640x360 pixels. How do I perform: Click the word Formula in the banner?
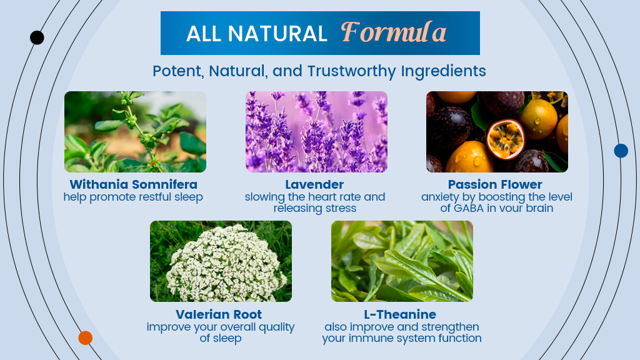click(x=394, y=32)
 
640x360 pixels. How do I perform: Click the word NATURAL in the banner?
click(x=277, y=34)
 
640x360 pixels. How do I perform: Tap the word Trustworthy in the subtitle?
click(x=351, y=71)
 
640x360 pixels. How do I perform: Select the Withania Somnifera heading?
click(x=134, y=184)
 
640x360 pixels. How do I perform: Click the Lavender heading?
click(x=314, y=184)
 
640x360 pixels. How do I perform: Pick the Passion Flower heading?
click(x=495, y=184)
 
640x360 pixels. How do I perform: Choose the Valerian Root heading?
click(x=219, y=314)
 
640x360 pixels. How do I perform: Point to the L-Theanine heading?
click(x=400, y=314)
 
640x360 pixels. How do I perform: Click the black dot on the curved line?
click(x=37, y=37)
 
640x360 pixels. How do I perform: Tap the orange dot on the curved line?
click(x=85, y=338)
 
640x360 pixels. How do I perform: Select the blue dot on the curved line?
click(x=621, y=151)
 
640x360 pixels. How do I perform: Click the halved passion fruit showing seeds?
click(x=505, y=139)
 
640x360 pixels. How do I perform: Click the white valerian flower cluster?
click(x=226, y=263)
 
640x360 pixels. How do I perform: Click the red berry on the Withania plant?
click(x=152, y=163)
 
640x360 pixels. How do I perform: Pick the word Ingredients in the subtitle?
click(x=443, y=71)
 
